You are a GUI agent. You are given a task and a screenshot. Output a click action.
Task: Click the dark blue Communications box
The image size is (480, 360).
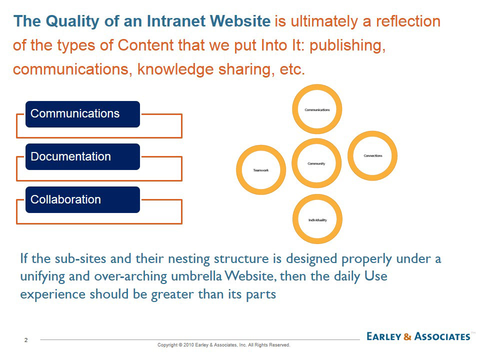pos(82,114)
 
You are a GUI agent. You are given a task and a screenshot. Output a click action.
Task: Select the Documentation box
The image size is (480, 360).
pos(82,156)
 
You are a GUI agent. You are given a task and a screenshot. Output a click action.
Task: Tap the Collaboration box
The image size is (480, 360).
pos(82,199)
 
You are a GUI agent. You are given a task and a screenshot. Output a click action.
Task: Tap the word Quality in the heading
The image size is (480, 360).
pos(72,21)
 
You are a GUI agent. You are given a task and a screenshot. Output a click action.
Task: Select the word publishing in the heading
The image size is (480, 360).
pos(347,46)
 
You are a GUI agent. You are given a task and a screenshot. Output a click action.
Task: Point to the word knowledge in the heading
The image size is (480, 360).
pos(175,69)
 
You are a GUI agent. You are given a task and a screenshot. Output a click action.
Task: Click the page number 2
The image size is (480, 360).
pos(26,340)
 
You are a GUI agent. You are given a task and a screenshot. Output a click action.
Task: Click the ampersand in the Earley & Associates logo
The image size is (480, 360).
pos(407,336)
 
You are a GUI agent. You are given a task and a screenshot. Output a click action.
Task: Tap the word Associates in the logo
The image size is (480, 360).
pos(442,336)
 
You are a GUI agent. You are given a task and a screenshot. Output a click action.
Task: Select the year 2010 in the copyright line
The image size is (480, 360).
pos(188,345)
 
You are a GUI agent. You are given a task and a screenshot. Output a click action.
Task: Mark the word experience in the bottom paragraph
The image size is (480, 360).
pos(53,295)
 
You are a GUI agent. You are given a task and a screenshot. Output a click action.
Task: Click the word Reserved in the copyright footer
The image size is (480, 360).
pos(280,345)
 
